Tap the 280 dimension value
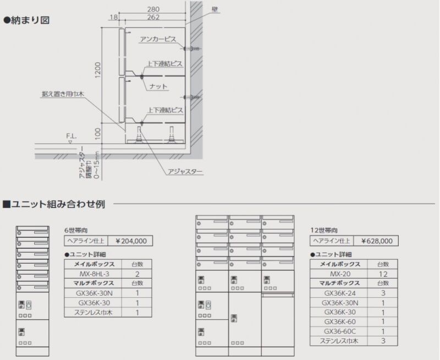click(x=154, y=9)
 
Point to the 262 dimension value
click(x=154, y=17)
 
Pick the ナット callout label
click(x=158, y=87)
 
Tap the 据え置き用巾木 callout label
click(x=63, y=95)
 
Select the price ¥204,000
click(x=130, y=241)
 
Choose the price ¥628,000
click(x=377, y=241)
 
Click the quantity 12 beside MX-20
click(x=383, y=274)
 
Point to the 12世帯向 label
click(x=324, y=230)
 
